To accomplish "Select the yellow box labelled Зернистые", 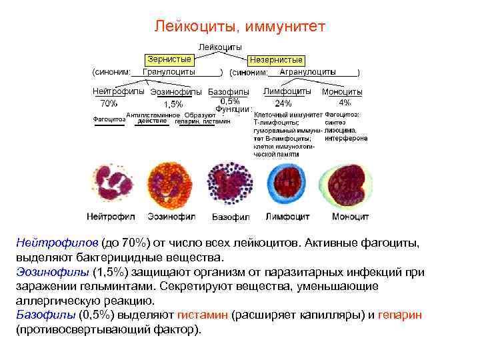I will (169, 59).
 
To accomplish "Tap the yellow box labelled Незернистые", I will (275, 60).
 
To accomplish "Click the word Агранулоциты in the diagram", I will (307, 71).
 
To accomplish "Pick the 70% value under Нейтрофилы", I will (108, 103).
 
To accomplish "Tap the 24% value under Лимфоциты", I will (283, 103).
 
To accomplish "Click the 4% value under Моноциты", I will (345, 103).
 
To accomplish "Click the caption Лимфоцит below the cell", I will (289, 217).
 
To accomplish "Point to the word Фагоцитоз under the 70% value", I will (108, 120).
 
